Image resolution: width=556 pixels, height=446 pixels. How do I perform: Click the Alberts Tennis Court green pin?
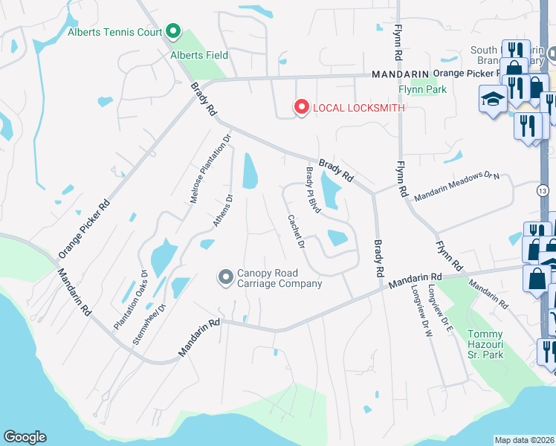click(173, 31)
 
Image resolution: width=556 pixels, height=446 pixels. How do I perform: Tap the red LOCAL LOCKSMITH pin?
click(301, 108)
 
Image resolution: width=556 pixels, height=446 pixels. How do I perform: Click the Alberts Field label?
click(199, 54)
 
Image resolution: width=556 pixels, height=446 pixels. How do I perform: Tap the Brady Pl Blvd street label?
click(312, 190)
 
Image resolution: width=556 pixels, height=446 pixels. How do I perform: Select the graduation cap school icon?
click(492, 99)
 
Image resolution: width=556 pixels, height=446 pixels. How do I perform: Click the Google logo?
click(25, 437)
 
